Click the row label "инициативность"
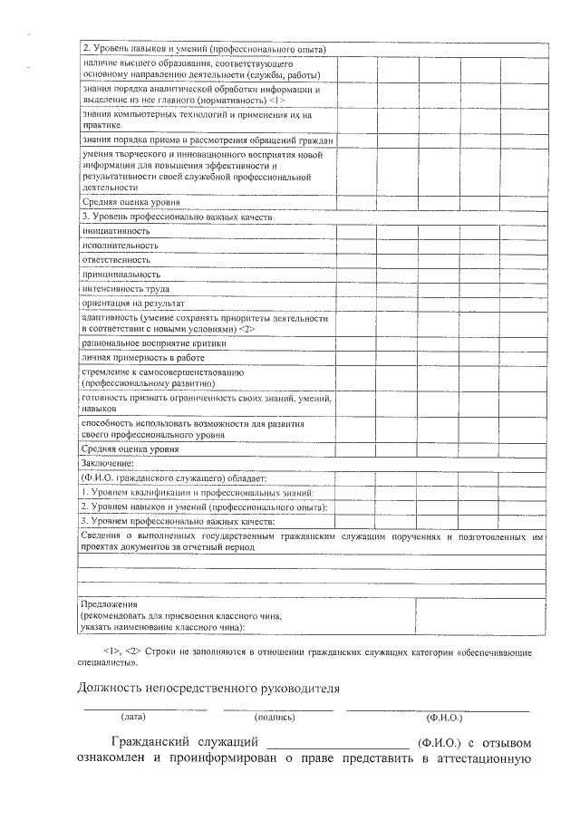tap(116, 231)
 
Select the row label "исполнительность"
tap(120, 246)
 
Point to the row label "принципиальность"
tap(121, 274)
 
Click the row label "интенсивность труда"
tap(126, 288)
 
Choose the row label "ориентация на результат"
tap(133, 303)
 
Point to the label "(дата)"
tap(133, 717)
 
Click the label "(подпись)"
tap(275, 717)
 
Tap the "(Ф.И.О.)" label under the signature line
tap(444, 717)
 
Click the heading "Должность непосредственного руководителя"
tap(209, 688)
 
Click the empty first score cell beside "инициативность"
tap(357, 232)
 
